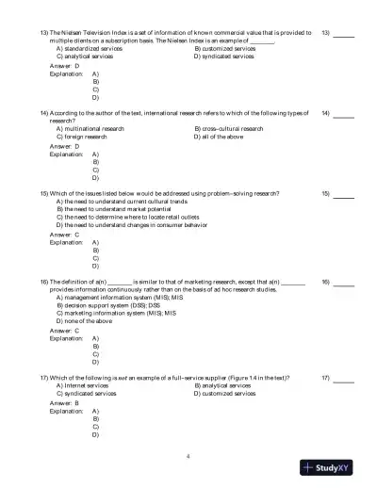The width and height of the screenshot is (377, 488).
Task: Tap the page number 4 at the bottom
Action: click(188, 456)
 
